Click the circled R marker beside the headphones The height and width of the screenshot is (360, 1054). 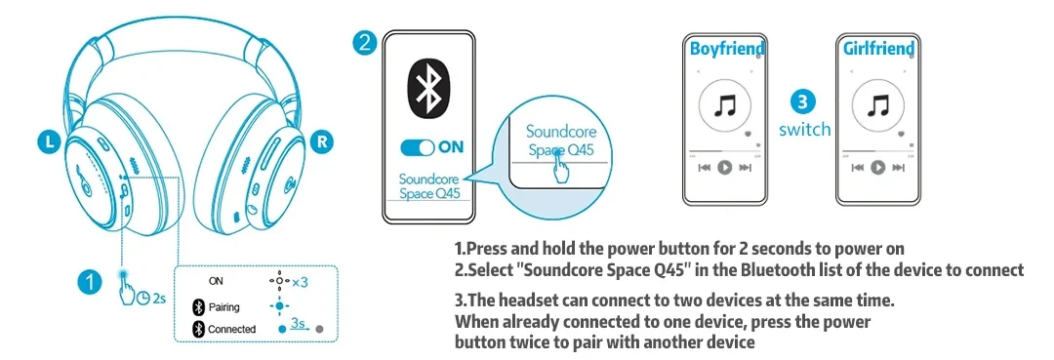323,141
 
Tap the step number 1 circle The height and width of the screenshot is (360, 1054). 89,281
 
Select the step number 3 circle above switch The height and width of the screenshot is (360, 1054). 804,102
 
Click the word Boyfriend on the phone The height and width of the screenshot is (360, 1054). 727,49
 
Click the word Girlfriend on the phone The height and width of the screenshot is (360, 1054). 878,49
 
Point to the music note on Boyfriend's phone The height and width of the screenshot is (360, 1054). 724,105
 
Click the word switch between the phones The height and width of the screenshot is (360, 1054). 804,129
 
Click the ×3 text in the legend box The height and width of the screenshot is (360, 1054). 300,282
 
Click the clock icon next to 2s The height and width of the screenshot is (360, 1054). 143,298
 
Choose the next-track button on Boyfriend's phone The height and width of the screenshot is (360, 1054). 745,167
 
